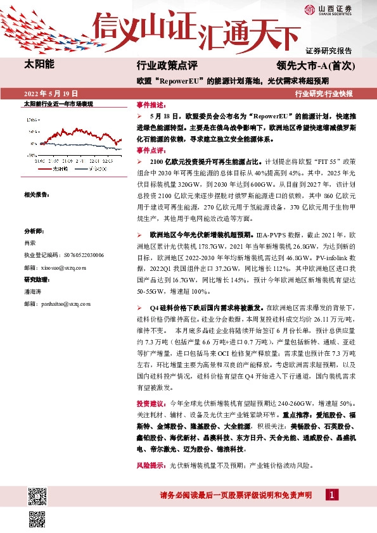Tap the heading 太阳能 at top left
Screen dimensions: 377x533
point(39,65)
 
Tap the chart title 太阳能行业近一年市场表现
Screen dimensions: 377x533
point(58,103)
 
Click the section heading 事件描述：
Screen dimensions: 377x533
point(151,104)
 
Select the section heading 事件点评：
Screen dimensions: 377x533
point(151,151)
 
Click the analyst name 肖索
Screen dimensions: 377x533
point(29,242)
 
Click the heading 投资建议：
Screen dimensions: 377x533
point(152,403)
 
